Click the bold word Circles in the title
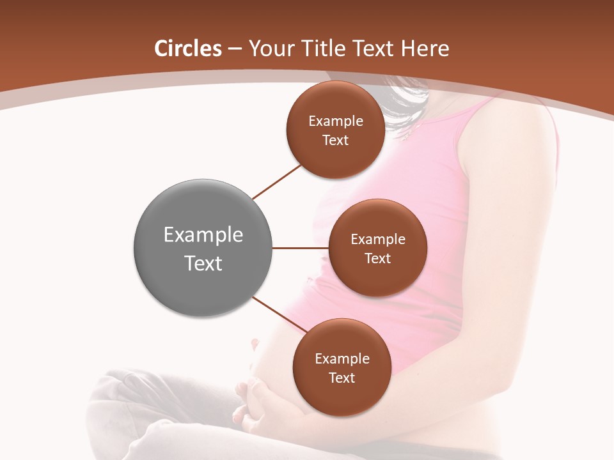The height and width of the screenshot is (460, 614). [187, 49]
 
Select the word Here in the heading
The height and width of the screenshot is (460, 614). [425, 49]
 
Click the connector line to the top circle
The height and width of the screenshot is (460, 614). [277, 182]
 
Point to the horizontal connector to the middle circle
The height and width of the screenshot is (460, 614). [301, 248]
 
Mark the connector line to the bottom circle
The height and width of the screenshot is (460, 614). [279, 315]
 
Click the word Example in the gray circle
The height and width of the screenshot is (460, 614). [203, 235]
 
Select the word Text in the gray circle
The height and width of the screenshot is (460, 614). [203, 263]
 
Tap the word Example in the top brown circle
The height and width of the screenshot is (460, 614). [336, 121]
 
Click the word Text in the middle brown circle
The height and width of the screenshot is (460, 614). [377, 259]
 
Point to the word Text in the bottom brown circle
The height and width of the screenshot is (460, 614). [342, 378]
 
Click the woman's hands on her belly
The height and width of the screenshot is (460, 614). [256, 402]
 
